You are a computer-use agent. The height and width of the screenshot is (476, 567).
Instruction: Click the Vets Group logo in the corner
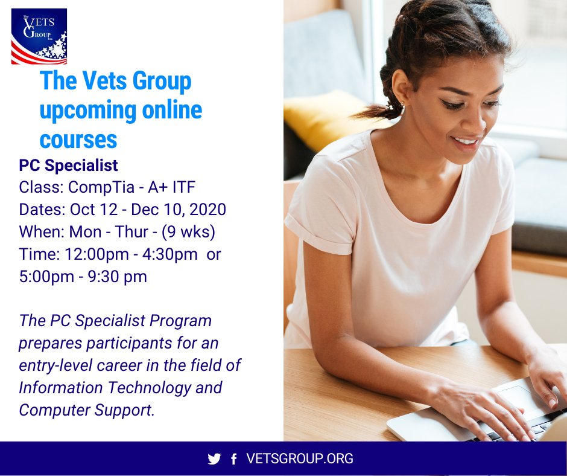tap(39, 36)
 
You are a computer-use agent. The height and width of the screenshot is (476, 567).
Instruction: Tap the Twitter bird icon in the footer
tap(214, 459)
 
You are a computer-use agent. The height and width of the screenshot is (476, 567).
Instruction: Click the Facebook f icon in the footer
tap(233, 460)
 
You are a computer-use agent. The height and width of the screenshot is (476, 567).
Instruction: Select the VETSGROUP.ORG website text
tap(300, 459)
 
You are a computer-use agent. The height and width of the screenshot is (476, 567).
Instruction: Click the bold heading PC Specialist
tap(68, 166)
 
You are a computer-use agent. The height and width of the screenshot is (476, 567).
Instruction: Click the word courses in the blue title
tap(78, 140)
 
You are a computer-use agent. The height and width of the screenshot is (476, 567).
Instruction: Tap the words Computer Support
tap(85, 410)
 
